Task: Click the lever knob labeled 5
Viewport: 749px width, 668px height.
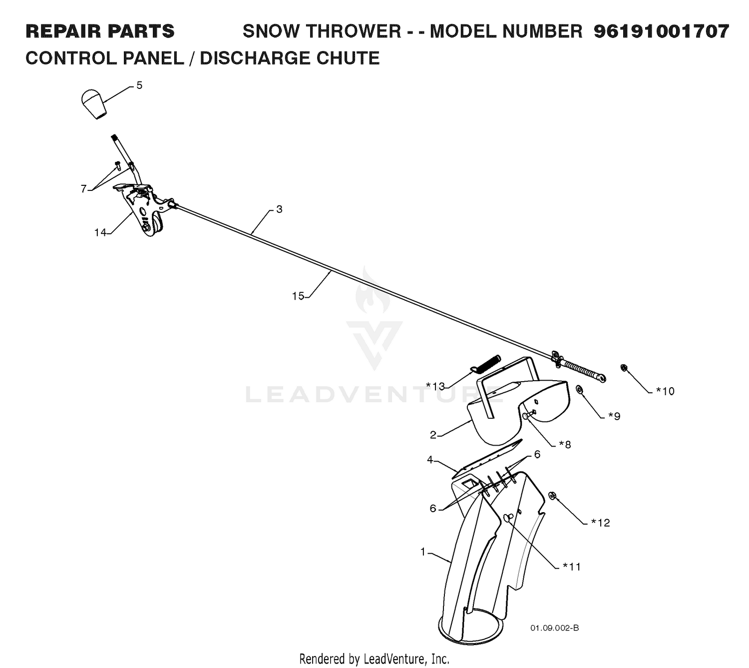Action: (94, 103)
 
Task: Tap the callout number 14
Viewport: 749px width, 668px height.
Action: (100, 233)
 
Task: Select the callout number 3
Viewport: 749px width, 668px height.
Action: (279, 209)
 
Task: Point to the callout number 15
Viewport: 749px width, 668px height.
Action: (298, 296)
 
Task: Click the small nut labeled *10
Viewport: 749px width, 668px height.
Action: (623, 367)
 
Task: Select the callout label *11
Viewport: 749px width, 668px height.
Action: (571, 567)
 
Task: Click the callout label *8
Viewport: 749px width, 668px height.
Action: (565, 444)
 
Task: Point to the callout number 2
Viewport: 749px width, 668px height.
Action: (433, 435)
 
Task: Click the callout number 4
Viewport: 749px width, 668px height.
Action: (429, 460)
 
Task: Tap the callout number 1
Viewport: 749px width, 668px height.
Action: (423, 552)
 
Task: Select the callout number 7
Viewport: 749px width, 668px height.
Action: (83, 189)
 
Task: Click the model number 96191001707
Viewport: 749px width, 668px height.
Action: (662, 31)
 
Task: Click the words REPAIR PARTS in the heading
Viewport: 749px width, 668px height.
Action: (100, 31)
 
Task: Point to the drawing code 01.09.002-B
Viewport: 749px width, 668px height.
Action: (555, 628)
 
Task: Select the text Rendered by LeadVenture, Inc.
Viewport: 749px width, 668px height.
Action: (374, 659)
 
